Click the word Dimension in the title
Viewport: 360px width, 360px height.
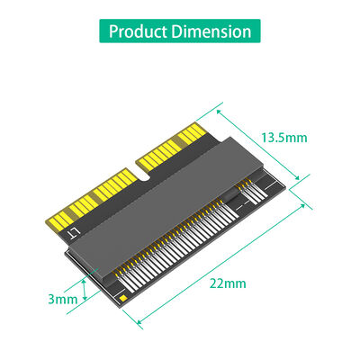214,31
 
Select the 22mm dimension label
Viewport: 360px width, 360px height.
226,283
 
